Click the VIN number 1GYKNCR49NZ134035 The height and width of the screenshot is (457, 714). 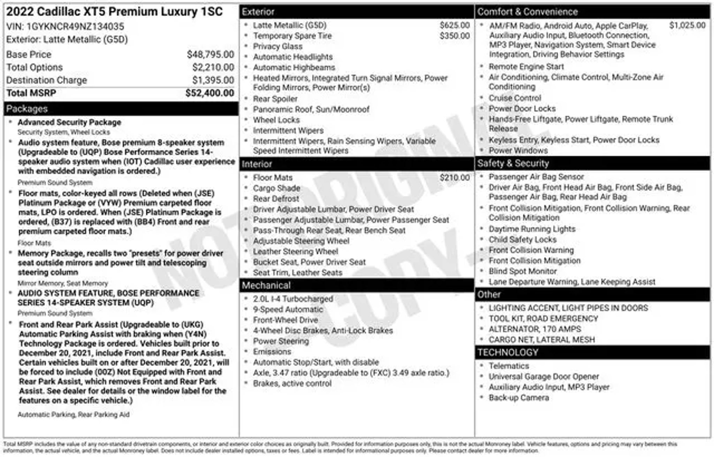(x=75, y=26)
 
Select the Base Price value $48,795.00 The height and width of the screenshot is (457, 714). (x=210, y=54)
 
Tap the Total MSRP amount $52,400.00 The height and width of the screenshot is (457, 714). (x=210, y=93)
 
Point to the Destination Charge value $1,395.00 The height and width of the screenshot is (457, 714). (x=213, y=80)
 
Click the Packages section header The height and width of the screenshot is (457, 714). (x=27, y=109)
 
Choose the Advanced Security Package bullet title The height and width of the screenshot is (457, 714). (x=69, y=122)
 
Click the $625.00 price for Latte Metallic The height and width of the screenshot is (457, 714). (x=455, y=25)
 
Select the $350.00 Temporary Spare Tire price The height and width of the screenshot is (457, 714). (x=455, y=36)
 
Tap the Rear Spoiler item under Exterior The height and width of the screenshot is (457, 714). (x=275, y=99)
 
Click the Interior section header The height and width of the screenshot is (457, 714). (x=257, y=164)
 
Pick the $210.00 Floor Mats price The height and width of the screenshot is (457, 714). (x=455, y=178)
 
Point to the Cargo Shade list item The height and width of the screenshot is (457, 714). (x=276, y=188)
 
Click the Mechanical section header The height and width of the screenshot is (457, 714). (x=266, y=285)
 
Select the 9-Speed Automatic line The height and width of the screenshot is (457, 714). (x=288, y=309)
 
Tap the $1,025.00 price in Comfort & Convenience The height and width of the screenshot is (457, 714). (x=687, y=25)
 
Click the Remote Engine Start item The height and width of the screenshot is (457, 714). (x=526, y=67)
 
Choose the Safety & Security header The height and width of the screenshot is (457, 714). (x=513, y=163)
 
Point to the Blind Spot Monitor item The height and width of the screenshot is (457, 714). (x=522, y=271)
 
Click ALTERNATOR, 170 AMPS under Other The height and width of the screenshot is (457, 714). (x=534, y=329)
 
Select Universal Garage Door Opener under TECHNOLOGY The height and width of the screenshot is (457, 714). (x=544, y=377)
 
